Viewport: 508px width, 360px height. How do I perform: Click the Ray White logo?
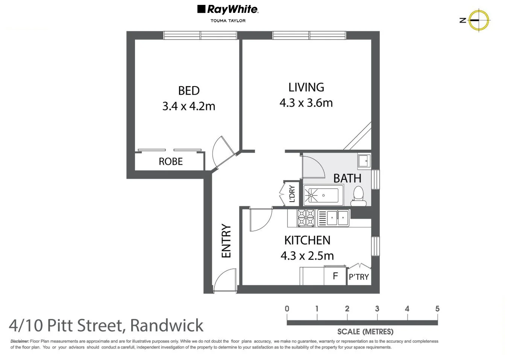[x=227, y=10]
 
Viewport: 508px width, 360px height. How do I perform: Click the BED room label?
[x=189, y=91]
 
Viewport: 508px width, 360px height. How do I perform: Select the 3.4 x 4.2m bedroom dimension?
[x=189, y=106]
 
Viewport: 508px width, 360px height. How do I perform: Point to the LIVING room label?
[x=306, y=87]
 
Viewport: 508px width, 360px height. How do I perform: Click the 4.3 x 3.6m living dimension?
[x=306, y=103]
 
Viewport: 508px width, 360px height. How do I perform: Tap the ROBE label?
[x=171, y=161]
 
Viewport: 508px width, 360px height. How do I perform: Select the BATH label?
[x=347, y=178]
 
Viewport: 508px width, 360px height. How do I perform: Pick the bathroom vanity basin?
[x=364, y=161]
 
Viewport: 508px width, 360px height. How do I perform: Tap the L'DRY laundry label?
[x=292, y=194]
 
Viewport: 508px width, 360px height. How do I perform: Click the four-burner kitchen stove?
[x=306, y=218]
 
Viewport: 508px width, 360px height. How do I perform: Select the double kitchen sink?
[x=333, y=218]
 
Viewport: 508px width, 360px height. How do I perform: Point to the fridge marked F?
[x=335, y=276]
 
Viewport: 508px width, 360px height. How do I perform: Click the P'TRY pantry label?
[x=359, y=277]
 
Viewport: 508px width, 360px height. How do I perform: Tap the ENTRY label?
[x=226, y=241]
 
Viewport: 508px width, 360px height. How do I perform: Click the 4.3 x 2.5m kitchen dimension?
[x=307, y=256]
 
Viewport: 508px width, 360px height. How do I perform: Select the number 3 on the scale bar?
[x=377, y=309]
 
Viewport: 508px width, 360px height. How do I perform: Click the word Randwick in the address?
[x=167, y=325]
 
